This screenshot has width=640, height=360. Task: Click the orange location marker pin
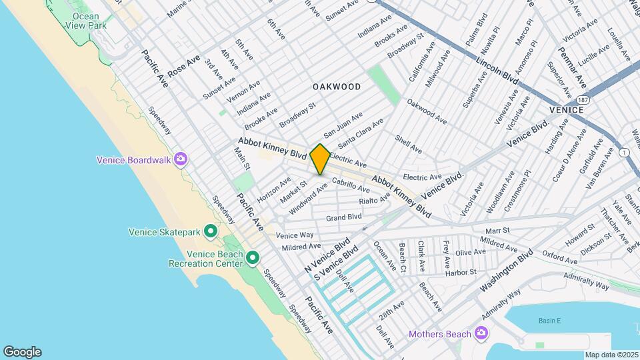point(320,159)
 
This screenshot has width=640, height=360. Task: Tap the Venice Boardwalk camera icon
point(180,159)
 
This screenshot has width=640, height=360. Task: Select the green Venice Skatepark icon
point(211,231)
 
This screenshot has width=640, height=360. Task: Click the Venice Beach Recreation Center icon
point(252,257)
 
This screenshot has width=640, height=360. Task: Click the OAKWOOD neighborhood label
point(337,87)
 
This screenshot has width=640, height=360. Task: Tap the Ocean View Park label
point(85,21)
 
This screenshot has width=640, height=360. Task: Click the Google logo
point(22,351)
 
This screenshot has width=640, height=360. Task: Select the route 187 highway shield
point(584,99)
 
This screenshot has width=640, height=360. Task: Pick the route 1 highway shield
point(624,153)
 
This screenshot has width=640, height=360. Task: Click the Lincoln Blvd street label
point(497,69)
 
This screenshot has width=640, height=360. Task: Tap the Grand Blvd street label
point(344,217)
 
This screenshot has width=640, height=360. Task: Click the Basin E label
point(549,321)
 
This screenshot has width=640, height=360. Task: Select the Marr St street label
point(497,231)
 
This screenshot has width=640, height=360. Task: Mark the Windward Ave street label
point(308,199)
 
